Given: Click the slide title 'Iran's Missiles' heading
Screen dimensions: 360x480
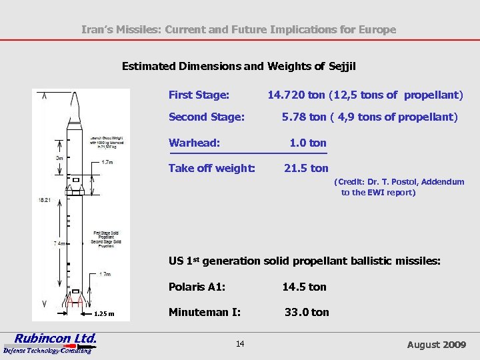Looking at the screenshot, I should [x=238, y=29].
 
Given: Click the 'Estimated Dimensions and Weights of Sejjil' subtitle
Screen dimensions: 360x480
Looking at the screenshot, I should [x=239, y=66].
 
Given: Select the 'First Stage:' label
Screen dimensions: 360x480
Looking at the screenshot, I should [x=199, y=95].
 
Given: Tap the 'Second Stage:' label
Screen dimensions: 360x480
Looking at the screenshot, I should [x=206, y=117].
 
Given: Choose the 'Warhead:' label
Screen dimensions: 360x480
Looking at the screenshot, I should [x=194, y=143].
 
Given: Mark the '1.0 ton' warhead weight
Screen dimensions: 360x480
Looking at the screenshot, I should [x=307, y=143].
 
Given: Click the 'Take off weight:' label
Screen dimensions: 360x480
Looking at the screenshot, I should [x=211, y=168].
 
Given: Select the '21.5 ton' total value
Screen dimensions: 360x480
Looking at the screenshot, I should [x=306, y=168].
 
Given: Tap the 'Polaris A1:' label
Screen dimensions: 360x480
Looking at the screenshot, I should [x=197, y=287].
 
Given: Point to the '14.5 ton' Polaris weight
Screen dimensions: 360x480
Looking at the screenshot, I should [x=304, y=287].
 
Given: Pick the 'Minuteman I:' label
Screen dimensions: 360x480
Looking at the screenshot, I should [x=204, y=312].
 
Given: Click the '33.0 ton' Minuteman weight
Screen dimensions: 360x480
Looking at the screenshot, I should [x=307, y=312].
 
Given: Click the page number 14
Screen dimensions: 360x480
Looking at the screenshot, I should [x=240, y=343].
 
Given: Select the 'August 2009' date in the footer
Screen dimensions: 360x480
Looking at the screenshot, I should [x=436, y=345].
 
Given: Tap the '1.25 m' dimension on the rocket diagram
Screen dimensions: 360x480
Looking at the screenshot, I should [x=103, y=314].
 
